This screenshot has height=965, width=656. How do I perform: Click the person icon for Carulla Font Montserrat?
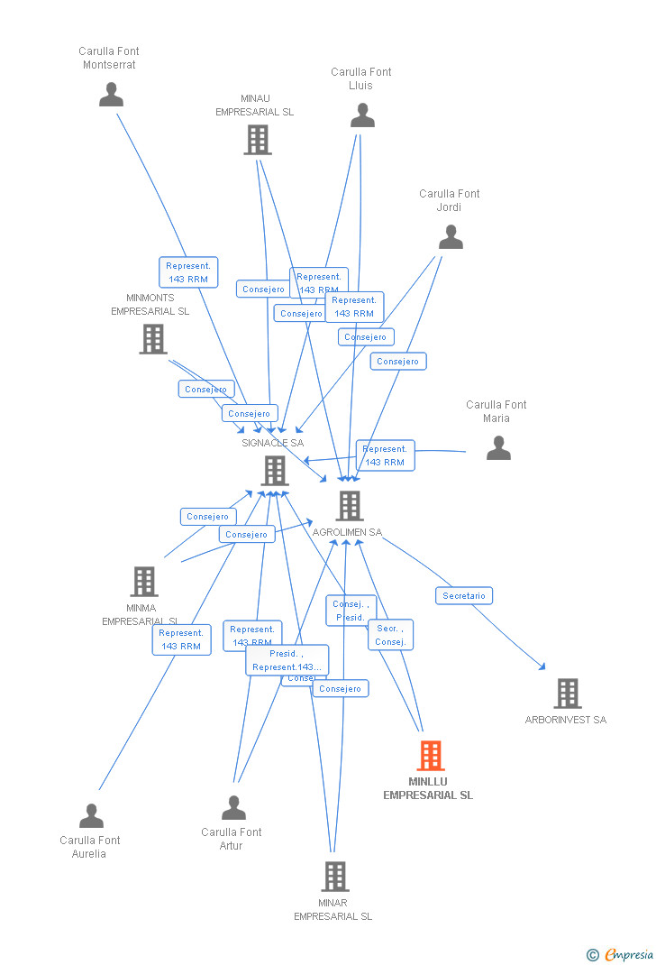[x=111, y=95]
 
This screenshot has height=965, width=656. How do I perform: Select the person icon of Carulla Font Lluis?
[x=362, y=115]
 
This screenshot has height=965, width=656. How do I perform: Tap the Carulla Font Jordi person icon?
[x=451, y=237]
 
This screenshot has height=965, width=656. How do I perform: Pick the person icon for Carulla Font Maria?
[x=498, y=448]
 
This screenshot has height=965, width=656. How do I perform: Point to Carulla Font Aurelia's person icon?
[x=91, y=816]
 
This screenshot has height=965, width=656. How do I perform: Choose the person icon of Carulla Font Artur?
[x=233, y=808]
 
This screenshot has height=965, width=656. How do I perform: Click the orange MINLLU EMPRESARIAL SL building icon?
[x=431, y=756]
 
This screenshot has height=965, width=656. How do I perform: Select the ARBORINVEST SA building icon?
[x=567, y=694]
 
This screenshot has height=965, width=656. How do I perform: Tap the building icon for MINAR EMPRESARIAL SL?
[x=334, y=876]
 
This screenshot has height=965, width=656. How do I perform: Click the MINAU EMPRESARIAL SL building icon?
[x=257, y=140]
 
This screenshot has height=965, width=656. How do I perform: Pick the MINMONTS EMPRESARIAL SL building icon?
[x=153, y=339]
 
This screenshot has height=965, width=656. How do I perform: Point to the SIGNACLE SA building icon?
[x=274, y=471]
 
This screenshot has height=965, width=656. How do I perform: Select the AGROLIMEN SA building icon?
[x=350, y=506]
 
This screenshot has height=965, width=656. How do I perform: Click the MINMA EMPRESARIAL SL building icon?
[x=143, y=582]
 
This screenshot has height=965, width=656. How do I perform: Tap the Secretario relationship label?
[x=464, y=595]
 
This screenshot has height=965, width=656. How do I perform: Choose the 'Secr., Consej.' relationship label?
[x=390, y=635]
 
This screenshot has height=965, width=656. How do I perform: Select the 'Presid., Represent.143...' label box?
[x=287, y=660]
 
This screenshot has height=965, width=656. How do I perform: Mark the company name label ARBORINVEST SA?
[x=566, y=720]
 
